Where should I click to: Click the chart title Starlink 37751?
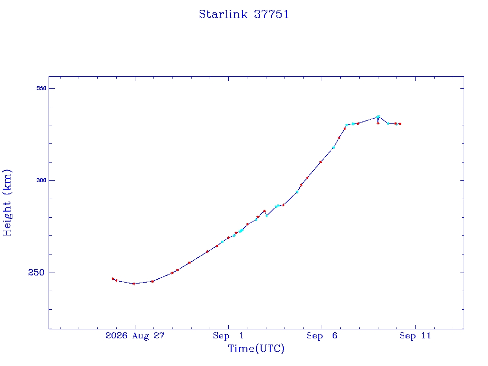pyautogui.click(x=244, y=14)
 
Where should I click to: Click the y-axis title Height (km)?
pyautogui.click(x=7, y=203)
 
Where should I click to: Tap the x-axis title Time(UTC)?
pyautogui.click(x=256, y=348)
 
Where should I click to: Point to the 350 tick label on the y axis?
pyautogui.click(x=41, y=88)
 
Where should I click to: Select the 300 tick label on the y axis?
pyautogui.click(x=41, y=180)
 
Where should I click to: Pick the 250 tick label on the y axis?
pyautogui.click(x=36, y=273)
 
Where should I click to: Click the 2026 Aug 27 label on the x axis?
pyautogui.click(x=135, y=335)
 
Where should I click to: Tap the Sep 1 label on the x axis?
pyautogui.click(x=228, y=335)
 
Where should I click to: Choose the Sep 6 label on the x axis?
pyautogui.click(x=322, y=335)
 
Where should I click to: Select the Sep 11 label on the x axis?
pyautogui.click(x=415, y=335)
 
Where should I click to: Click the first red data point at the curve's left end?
pyautogui.click(x=112, y=279)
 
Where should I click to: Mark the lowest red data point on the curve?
pyautogui.click(x=134, y=284)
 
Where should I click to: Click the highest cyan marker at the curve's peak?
pyautogui.click(x=378, y=117)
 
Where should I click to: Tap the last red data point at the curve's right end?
pyautogui.click(x=400, y=123)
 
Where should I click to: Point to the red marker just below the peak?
pyautogui.click(x=378, y=123)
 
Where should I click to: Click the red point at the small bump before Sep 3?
pyautogui.click(x=264, y=211)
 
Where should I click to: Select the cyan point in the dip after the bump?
pyautogui.click(x=267, y=216)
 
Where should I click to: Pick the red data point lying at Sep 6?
pyautogui.click(x=321, y=162)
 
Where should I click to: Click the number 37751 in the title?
pyautogui.click(x=271, y=14)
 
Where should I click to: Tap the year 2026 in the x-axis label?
pyautogui.click(x=116, y=335)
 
